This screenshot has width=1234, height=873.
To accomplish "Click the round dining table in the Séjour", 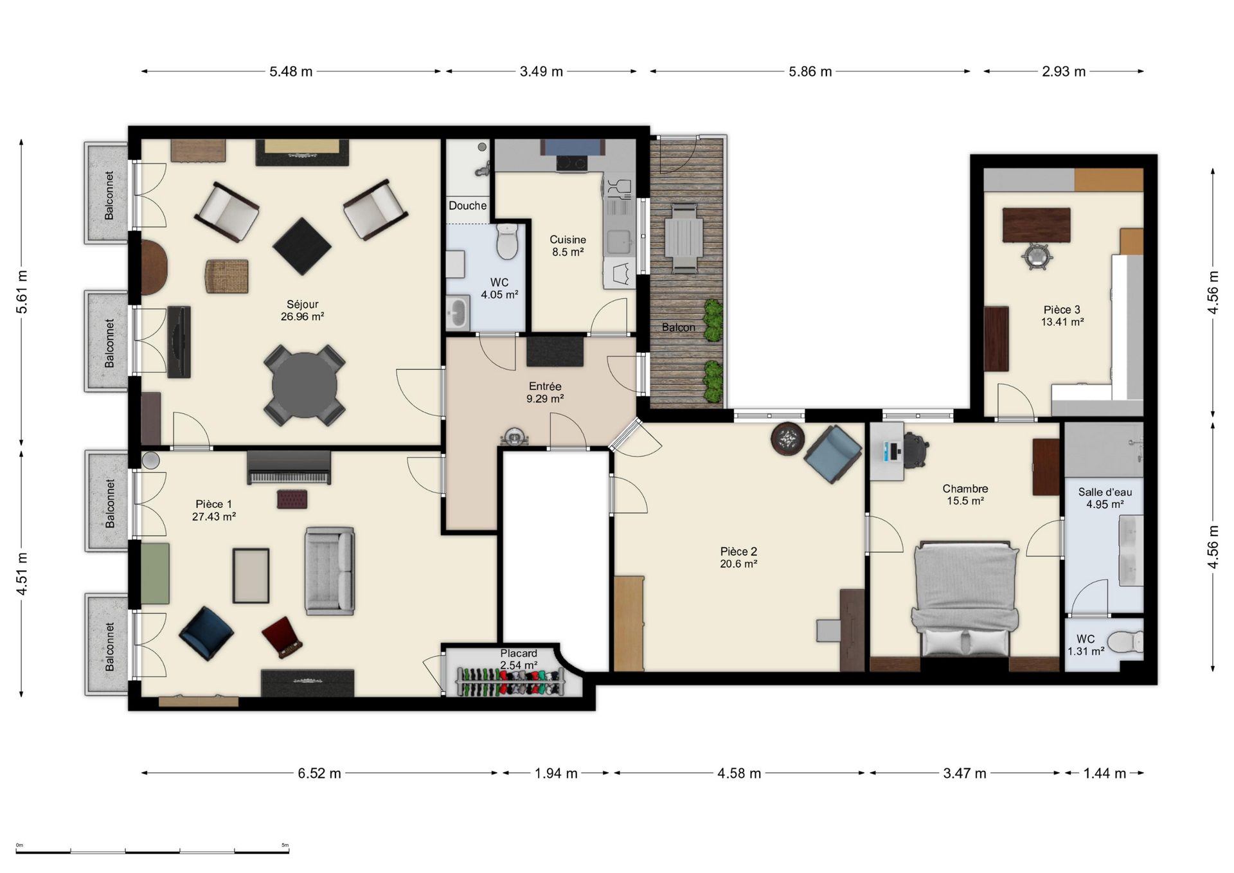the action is (x=304, y=386).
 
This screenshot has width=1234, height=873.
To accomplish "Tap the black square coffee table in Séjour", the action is (x=302, y=246).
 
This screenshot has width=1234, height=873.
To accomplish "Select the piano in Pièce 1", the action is (x=289, y=467).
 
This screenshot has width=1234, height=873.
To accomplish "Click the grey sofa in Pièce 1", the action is (x=330, y=571).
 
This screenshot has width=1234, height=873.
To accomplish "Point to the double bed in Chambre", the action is (x=965, y=598).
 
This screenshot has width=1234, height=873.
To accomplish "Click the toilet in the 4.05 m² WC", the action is (x=507, y=241).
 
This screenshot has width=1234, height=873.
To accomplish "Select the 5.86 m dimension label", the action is (x=810, y=71).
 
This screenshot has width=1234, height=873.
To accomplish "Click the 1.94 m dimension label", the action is (x=556, y=773).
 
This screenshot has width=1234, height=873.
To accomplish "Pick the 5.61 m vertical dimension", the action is (x=22, y=292).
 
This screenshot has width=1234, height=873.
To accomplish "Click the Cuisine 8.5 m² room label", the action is (x=568, y=246).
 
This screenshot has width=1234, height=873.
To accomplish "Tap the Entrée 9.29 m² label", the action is (x=545, y=392).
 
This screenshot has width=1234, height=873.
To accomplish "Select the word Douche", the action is (x=467, y=206).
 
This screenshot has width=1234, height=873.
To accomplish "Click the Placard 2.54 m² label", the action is (x=519, y=659).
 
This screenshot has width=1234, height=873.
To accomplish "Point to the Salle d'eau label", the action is (x=1105, y=492).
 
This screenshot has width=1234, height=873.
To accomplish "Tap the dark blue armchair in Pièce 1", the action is (x=206, y=633).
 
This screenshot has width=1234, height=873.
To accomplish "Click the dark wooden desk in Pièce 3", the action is (x=1036, y=224).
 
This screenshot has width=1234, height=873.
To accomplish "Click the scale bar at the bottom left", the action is (x=152, y=852).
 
